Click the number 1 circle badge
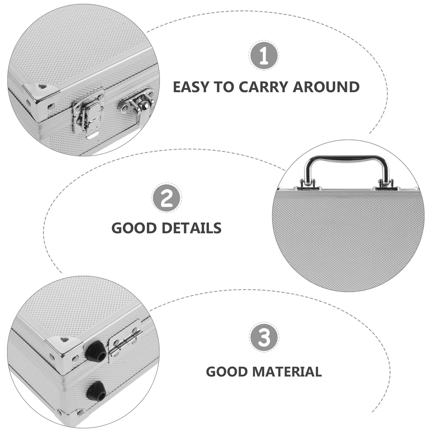[x=264, y=55]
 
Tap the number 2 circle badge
[x=167, y=198]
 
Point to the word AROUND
[x=326, y=87]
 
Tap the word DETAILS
[x=192, y=228]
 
